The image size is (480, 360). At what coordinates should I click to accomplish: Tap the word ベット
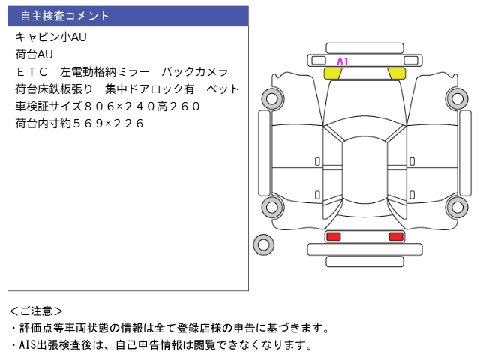coord(223,88)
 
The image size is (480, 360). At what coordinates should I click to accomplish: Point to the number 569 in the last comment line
coord(83,124)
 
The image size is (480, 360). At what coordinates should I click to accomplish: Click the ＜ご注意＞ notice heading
coord(37,310)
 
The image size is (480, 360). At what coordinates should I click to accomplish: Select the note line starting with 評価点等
coord(169,328)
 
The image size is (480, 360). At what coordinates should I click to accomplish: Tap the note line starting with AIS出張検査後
coord(161,345)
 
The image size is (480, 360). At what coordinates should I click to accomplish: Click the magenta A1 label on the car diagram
coord(343,61)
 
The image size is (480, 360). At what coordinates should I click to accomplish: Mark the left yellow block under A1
coord(332,73)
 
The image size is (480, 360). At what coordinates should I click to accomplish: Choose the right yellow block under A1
coord(395,73)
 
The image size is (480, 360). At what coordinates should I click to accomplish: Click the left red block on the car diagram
coord(333,236)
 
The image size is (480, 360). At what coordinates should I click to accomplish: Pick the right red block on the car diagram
coord(395,236)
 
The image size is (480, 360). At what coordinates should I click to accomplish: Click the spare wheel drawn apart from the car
coord(263,243)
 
